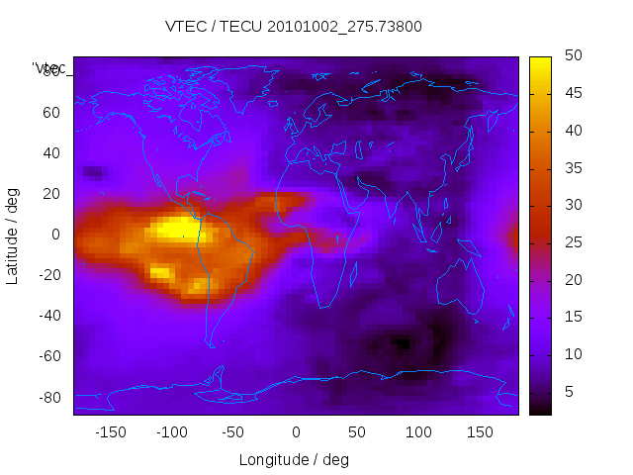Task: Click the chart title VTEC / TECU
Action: (294, 27)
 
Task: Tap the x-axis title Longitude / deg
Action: (294, 459)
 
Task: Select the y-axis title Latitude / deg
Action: (13, 235)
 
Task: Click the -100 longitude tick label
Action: (172, 432)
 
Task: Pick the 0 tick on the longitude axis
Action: (296, 432)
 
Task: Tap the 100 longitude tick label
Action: (418, 432)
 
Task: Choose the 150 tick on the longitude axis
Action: (480, 432)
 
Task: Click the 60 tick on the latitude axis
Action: (50, 112)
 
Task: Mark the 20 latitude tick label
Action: (50, 194)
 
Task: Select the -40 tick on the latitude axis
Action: (47, 316)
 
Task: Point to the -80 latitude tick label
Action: (47, 397)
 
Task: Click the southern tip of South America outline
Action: (211, 345)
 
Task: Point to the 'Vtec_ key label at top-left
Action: (49, 67)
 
